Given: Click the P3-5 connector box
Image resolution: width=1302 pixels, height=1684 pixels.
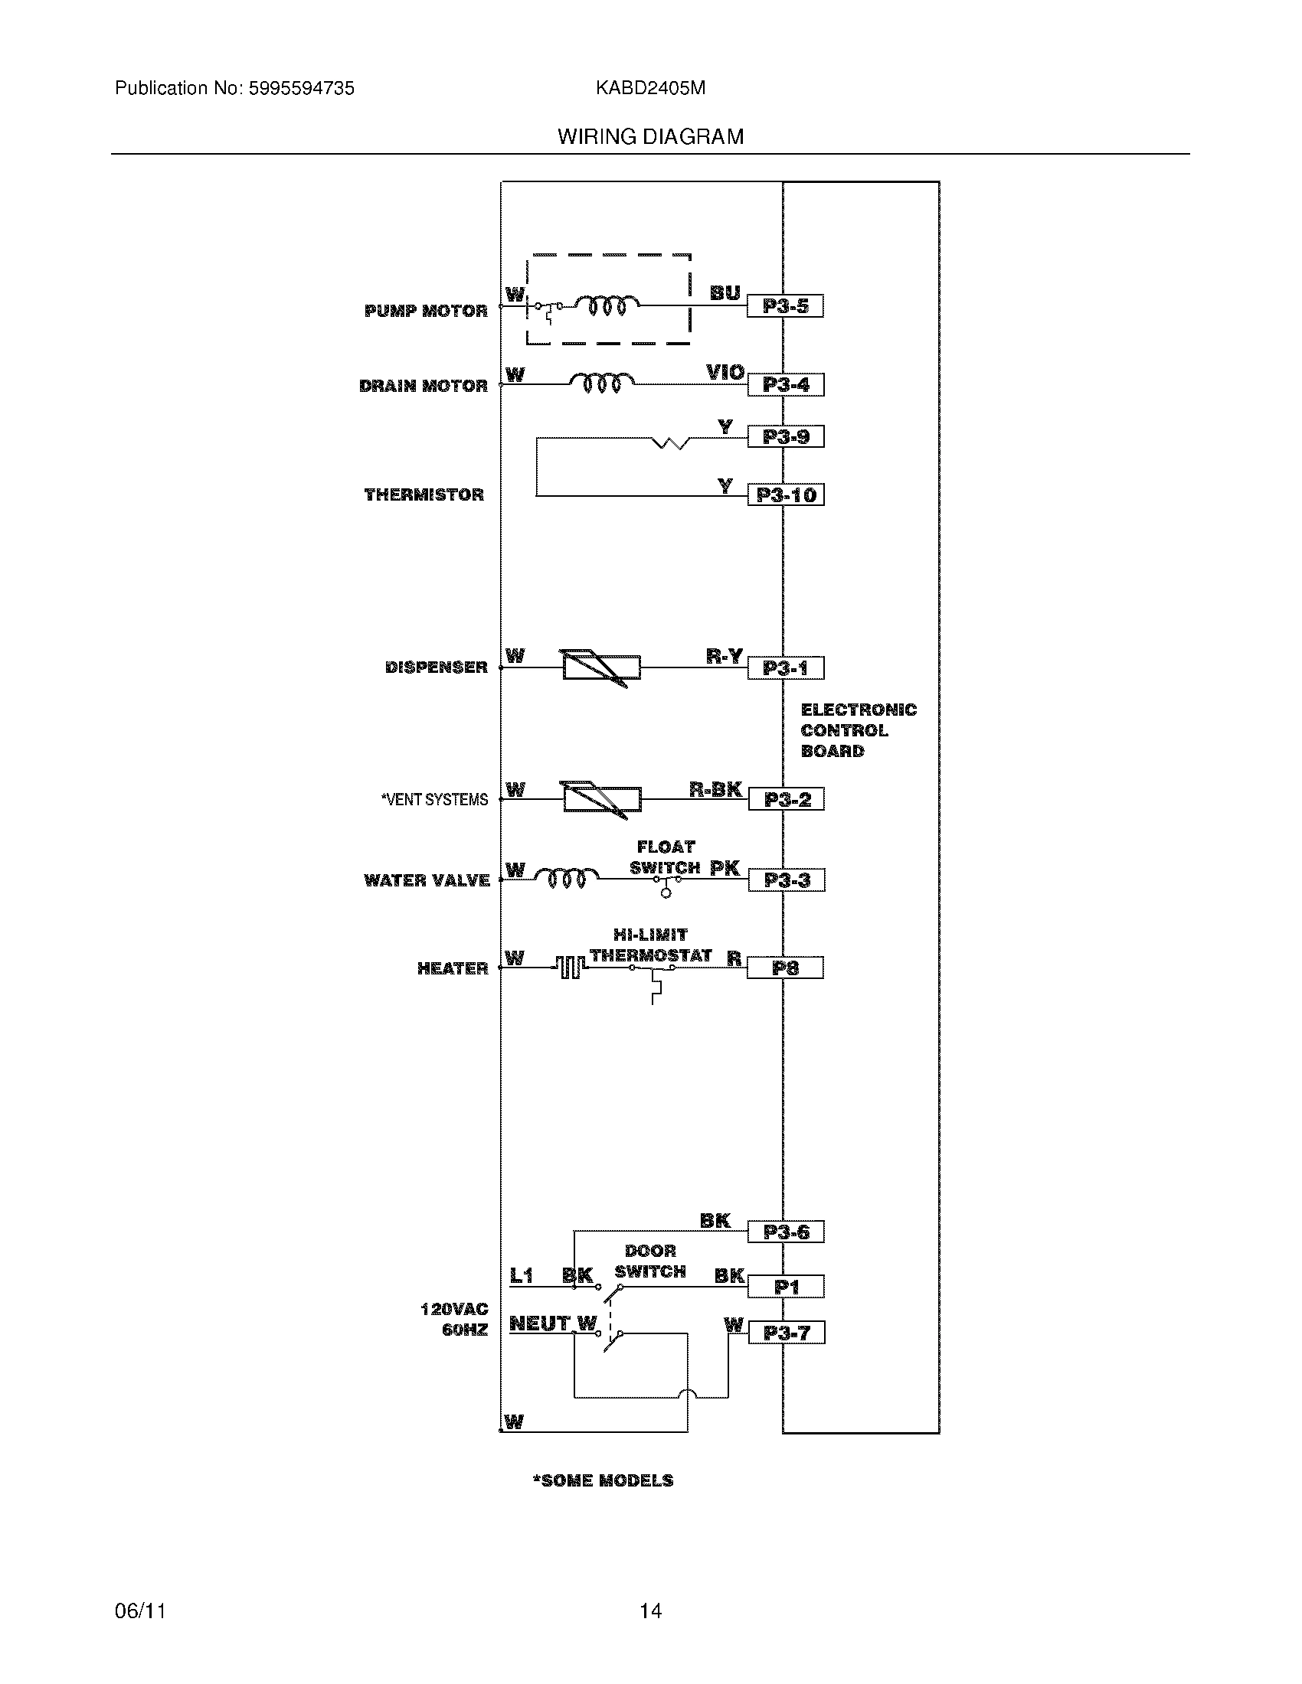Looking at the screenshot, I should coord(785,306).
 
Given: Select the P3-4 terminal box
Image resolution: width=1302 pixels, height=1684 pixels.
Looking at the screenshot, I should coord(785,385).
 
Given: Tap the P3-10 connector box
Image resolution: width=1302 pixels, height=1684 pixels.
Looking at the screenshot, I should coord(785,494).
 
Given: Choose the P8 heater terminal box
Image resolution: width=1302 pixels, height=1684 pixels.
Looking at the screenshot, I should coord(785,968).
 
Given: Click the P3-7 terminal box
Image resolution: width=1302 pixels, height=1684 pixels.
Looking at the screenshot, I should coord(786,1333).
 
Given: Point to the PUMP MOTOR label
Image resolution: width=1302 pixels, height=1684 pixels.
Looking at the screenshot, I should coord(426,311).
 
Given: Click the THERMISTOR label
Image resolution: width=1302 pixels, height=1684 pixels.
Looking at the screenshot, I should coord(424,494).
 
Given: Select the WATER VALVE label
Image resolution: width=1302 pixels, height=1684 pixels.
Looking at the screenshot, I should coord(427,880).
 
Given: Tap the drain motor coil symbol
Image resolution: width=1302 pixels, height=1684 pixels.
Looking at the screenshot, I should coord(602,383).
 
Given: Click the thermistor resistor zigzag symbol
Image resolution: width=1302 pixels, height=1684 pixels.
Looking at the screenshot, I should coord(670,442).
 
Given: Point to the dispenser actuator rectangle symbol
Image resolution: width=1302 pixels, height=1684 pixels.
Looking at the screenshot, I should coord(602,667).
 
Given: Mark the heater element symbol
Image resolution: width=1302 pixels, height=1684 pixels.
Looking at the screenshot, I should coord(569,967).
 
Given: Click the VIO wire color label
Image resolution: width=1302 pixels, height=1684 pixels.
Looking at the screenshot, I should coord(725,374).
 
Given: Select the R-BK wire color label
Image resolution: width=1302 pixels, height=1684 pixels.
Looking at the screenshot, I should coord(715,788).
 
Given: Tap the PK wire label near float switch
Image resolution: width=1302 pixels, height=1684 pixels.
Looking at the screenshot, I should coord(725,868).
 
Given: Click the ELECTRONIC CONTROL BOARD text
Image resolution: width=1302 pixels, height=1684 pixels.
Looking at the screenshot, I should coord(858,730).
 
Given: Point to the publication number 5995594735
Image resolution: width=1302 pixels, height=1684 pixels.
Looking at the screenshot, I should coord(300,89).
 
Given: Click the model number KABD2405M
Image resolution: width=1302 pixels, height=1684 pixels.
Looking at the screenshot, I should coord(650,89).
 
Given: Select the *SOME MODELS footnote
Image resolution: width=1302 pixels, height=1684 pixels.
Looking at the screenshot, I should coord(603,1480).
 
